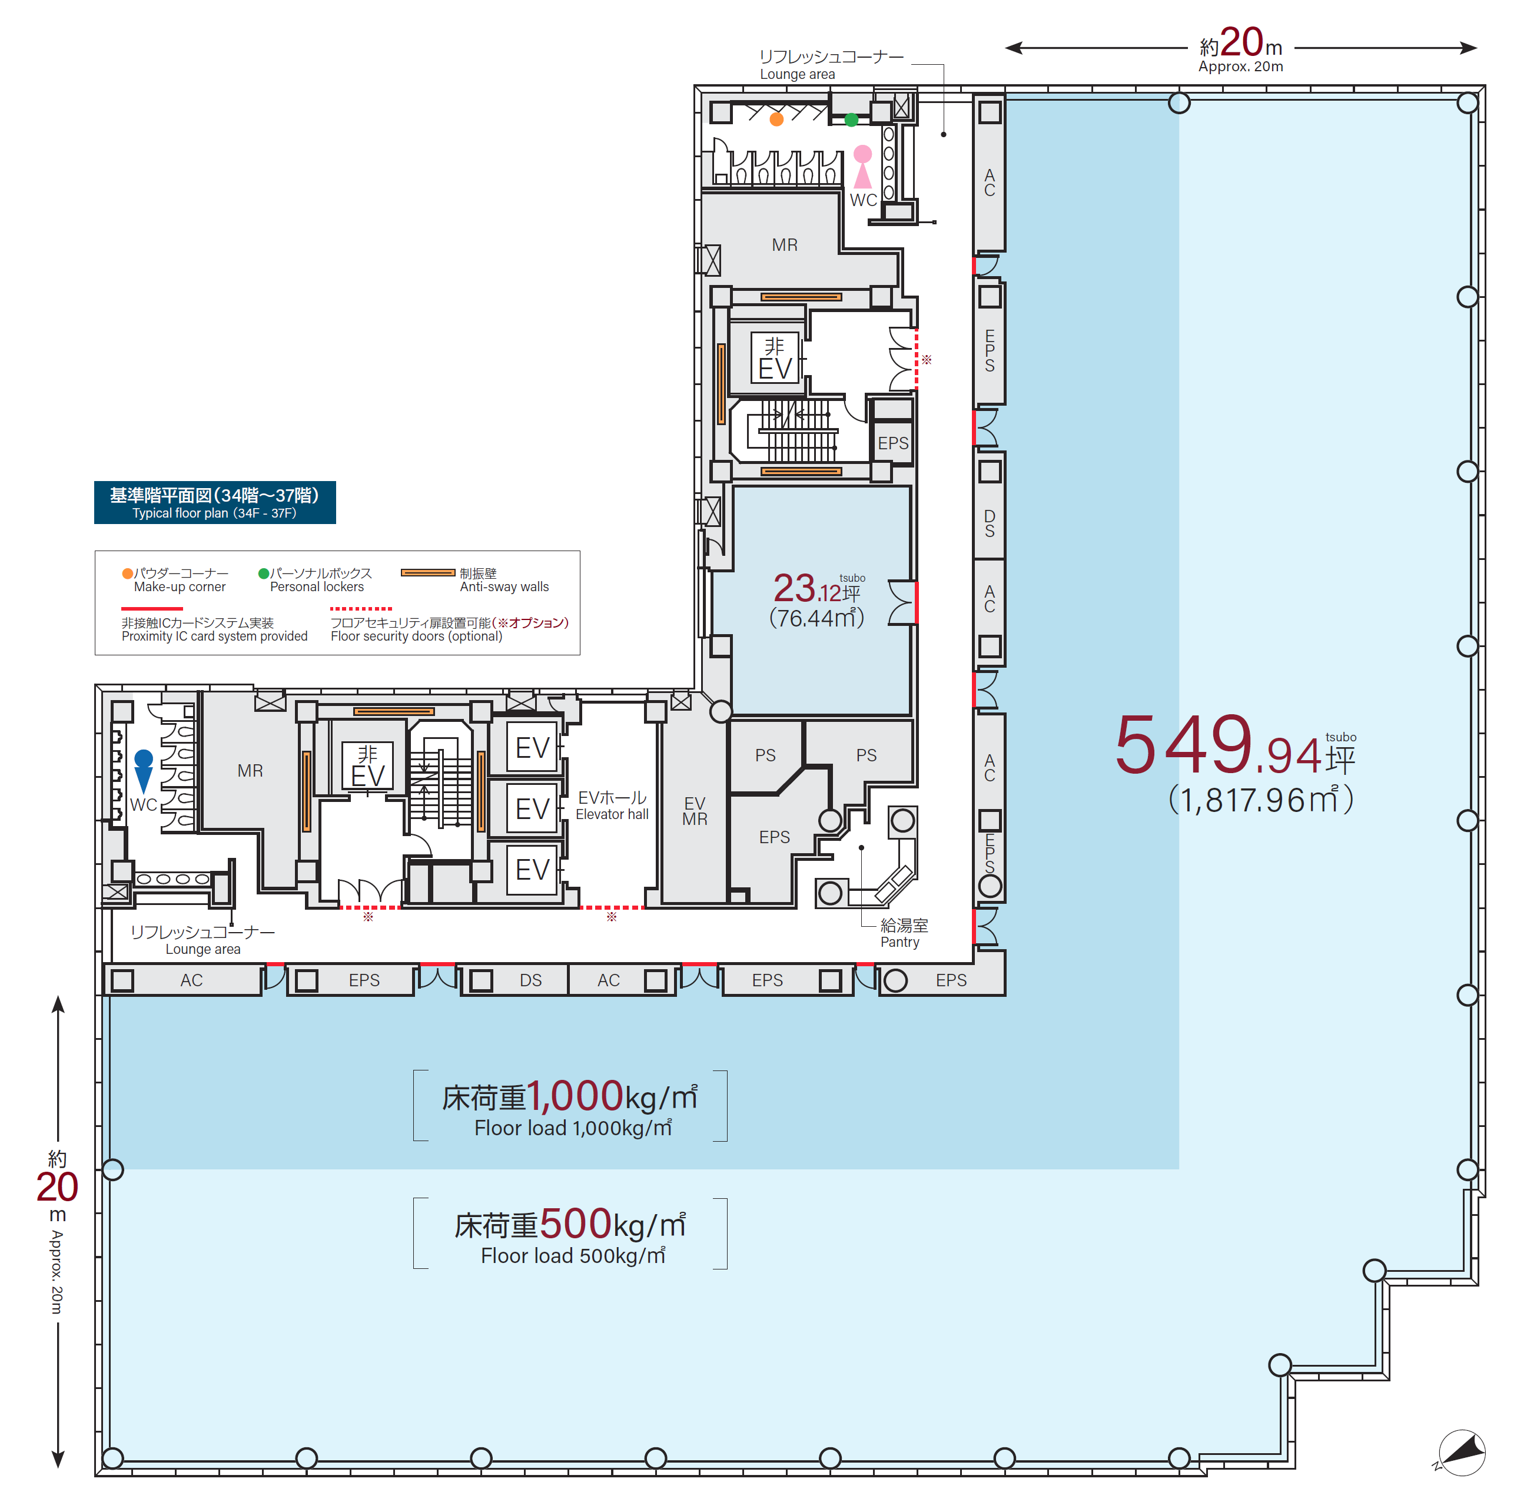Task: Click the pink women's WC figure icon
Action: click(862, 166)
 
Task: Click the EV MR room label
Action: click(695, 811)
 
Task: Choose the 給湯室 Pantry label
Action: click(904, 933)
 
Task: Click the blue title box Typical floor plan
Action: click(215, 503)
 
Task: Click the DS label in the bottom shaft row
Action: click(531, 980)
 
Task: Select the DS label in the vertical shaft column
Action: click(990, 523)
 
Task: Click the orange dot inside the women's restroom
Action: click(777, 120)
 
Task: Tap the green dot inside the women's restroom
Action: click(851, 120)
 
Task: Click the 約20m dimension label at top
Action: click(1241, 49)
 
